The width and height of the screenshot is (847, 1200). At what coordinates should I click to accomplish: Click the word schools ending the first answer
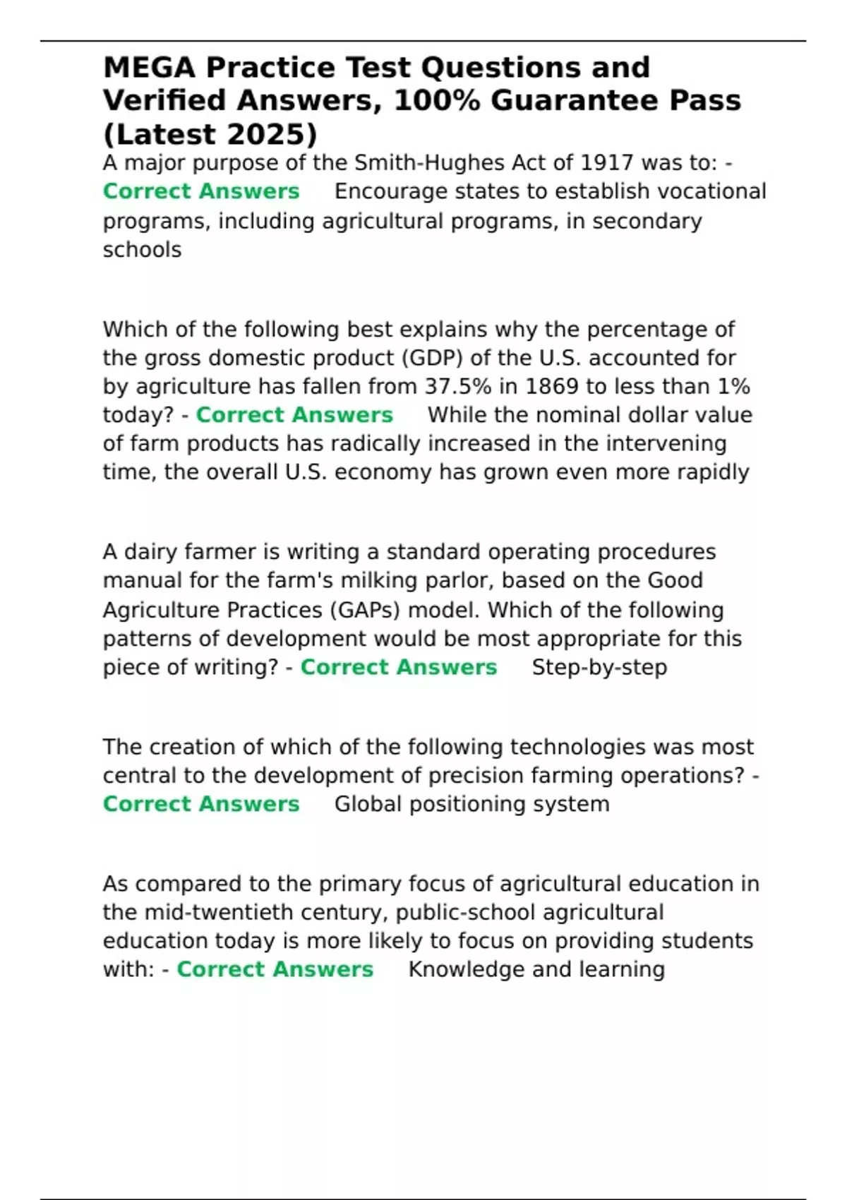[x=142, y=250]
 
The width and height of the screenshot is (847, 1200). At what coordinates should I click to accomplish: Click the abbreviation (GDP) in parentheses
[x=432, y=358]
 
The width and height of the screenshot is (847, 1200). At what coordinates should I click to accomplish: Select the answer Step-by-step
[x=599, y=667]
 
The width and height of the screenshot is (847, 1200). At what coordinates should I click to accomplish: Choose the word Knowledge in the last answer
[x=467, y=969]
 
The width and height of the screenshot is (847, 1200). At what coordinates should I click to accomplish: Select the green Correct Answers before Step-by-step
[x=399, y=667]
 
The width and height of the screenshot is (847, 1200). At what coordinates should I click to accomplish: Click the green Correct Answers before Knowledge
[x=275, y=969]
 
